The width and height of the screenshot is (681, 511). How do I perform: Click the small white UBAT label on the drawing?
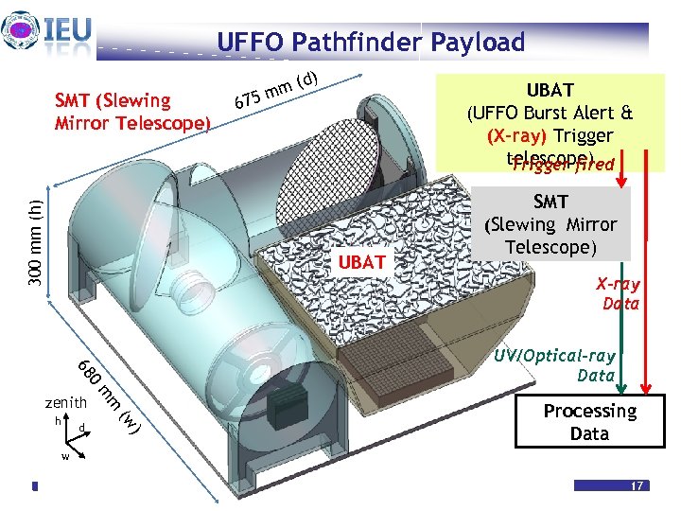[362, 261]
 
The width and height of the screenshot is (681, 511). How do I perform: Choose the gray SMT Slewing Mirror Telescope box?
[551, 225]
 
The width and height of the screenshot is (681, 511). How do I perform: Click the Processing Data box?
[589, 422]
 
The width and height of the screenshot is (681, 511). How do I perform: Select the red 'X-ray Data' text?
[619, 293]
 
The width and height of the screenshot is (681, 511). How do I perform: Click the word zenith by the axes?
[65, 403]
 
